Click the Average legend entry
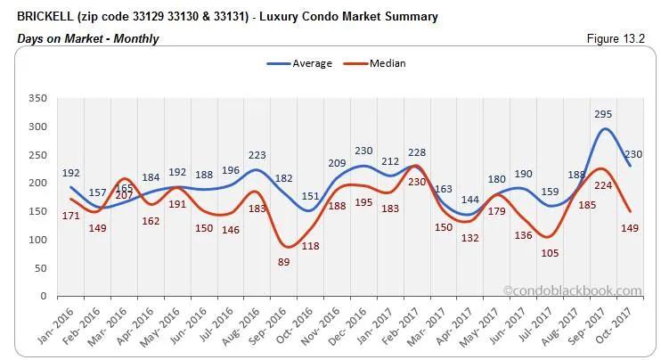tap(299, 63)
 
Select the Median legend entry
tap(378, 63)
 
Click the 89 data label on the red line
tap(284, 262)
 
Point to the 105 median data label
tap(551, 253)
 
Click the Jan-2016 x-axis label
tap(55, 326)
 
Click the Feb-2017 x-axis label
tap(414, 326)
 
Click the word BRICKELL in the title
tap(46, 17)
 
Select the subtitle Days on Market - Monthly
tap(88, 38)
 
